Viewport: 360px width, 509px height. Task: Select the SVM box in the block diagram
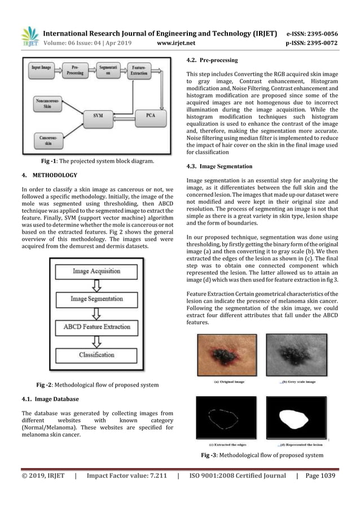click(98, 115)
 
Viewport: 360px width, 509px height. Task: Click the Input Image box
click(42, 68)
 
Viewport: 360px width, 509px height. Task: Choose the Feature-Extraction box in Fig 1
click(140, 71)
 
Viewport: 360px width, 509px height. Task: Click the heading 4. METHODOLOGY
click(49, 175)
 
